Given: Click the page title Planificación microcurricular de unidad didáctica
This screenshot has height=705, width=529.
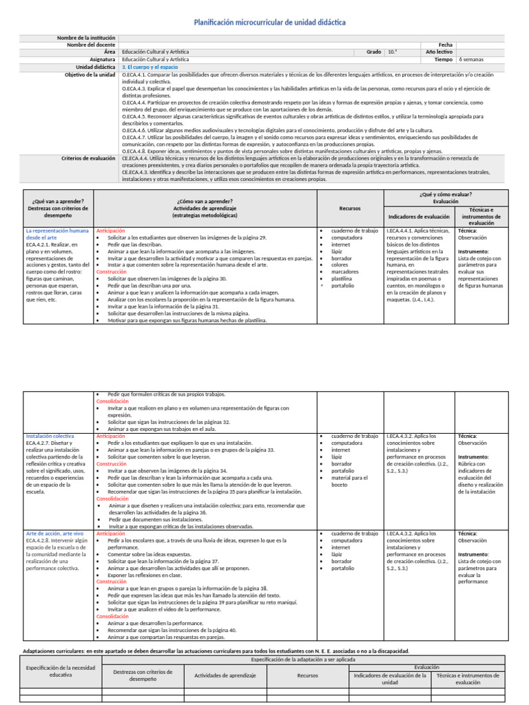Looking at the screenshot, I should click(x=270, y=23).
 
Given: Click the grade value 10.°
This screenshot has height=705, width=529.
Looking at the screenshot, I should click(x=392, y=52).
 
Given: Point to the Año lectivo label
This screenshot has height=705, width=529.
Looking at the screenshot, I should click(x=439, y=52).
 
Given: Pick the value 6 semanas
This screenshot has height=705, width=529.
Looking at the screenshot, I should click(x=471, y=59).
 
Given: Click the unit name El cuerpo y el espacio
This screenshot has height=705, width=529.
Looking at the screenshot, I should click(x=149, y=67).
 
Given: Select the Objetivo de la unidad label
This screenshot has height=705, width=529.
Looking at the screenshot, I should click(x=90, y=74).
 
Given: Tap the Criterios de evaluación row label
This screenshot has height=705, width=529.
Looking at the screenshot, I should click(x=88, y=158).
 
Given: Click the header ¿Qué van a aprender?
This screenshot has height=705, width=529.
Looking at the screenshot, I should click(x=58, y=200).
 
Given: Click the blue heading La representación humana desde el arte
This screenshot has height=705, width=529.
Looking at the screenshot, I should click(x=57, y=233).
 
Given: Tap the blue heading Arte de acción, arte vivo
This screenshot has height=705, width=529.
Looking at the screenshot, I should click(x=54, y=534).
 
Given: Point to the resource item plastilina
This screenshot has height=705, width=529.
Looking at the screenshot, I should click(x=343, y=278).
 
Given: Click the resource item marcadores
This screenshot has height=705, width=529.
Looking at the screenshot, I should click(x=345, y=271).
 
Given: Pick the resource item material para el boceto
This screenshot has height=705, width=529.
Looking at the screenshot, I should click(x=351, y=480).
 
